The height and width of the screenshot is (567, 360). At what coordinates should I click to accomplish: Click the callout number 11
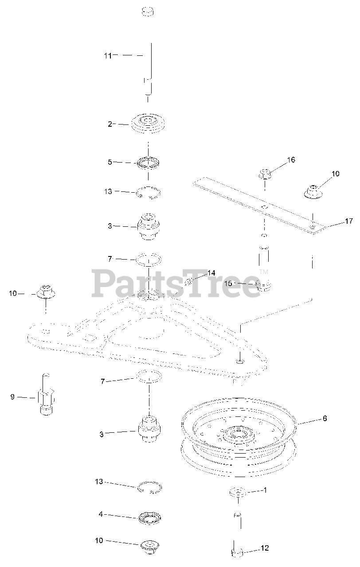coord(108,55)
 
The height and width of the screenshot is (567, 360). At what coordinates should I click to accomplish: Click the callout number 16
coord(291,159)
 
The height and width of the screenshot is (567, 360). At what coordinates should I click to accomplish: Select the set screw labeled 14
coord(190,281)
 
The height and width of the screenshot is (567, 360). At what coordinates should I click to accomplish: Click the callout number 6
coord(325,418)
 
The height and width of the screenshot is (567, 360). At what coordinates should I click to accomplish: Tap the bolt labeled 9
coord(46,395)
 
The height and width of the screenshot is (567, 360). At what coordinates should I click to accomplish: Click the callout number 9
coord(12,397)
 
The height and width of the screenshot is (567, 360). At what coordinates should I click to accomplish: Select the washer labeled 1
coord(235,492)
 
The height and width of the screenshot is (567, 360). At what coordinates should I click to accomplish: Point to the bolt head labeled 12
coord(237,552)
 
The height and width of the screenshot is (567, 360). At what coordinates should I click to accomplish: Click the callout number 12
coord(264,548)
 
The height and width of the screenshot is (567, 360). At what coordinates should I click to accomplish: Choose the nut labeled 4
coord(149,518)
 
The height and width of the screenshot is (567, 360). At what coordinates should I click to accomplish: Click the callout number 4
coord(101,514)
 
